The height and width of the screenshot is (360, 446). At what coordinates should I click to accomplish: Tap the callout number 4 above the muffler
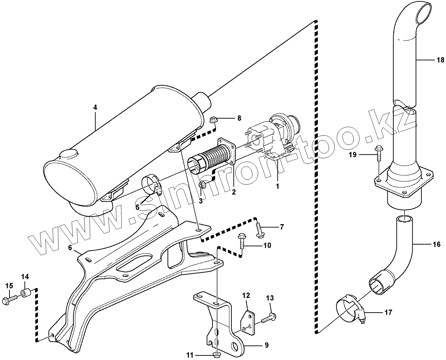[95, 108]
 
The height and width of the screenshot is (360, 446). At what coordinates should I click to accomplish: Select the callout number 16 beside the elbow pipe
[437, 245]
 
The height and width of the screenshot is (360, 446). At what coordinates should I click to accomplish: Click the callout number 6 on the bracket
[70, 248]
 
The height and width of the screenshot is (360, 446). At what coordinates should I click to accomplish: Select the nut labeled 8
[213, 120]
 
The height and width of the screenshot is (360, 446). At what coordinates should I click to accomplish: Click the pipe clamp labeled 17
[349, 308]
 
